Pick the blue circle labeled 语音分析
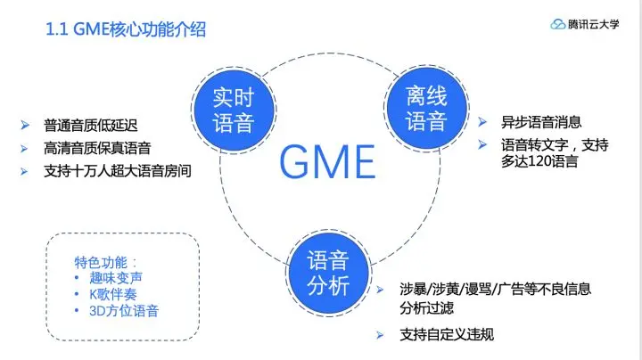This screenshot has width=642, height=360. [326, 272]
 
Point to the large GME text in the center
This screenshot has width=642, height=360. [326, 162]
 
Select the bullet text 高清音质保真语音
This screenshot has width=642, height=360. [97, 148]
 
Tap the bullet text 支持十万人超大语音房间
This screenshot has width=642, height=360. [117, 169]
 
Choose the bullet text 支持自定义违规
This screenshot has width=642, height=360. [447, 335]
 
